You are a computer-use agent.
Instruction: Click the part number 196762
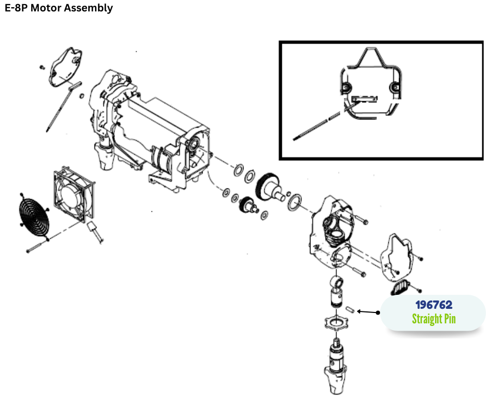[x=433, y=305]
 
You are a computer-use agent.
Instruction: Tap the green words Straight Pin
[x=433, y=319]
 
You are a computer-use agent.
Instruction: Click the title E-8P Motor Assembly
[x=59, y=8]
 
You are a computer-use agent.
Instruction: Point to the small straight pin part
[x=349, y=309]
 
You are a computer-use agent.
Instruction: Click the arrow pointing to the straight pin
[x=369, y=312]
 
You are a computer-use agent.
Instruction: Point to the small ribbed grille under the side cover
[x=400, y=286]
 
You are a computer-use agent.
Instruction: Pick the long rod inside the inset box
[x=317, y=124]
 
